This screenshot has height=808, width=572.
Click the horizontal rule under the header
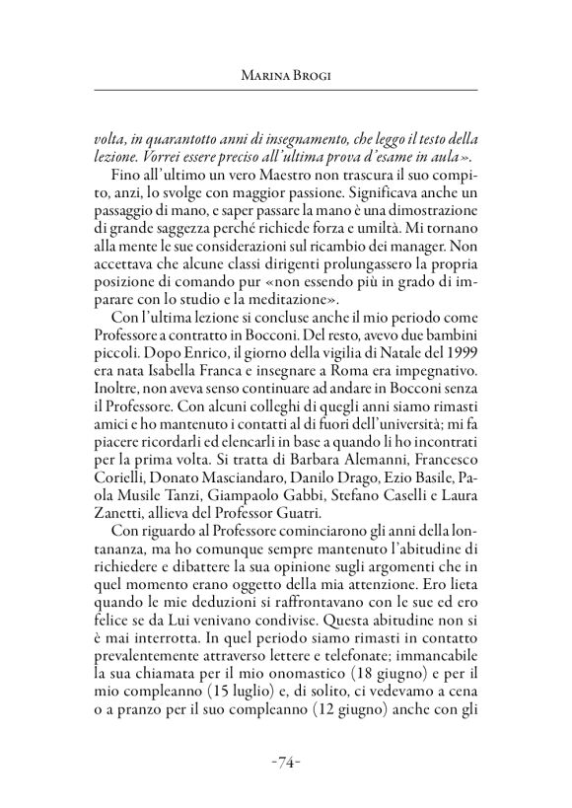tap(285, 92)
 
